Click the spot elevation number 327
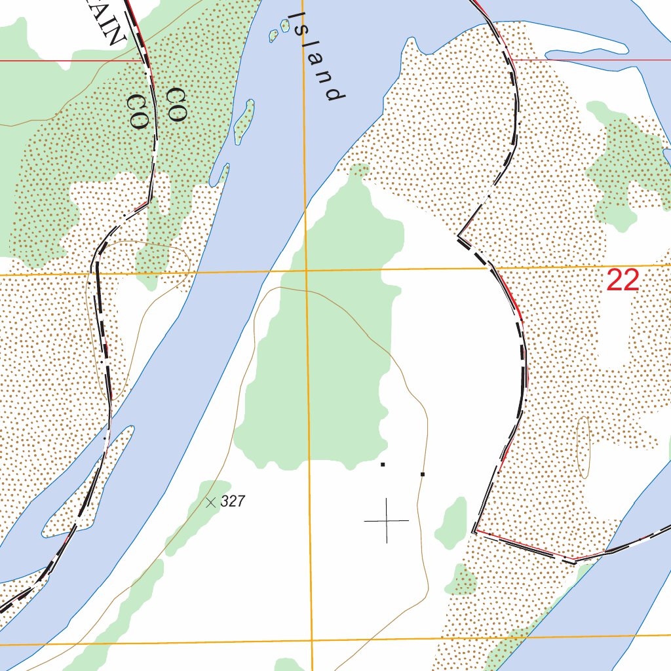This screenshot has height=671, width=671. point(233,502)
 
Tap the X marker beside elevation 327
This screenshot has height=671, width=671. point(210,503)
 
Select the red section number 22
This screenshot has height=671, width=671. point(623,280)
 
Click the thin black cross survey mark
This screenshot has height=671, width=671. point(387,521)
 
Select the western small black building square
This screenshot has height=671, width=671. point(383,465)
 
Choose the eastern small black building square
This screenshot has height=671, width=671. point(423,474)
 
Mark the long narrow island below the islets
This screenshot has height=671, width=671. point(244,122)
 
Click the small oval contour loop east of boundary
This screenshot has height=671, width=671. point(583,447)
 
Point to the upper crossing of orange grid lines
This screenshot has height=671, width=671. point(307,270)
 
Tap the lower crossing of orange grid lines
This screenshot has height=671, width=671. point(312,640)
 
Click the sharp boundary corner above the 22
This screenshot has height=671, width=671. point(459,234)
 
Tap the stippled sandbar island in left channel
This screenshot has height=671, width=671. point(85,485)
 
